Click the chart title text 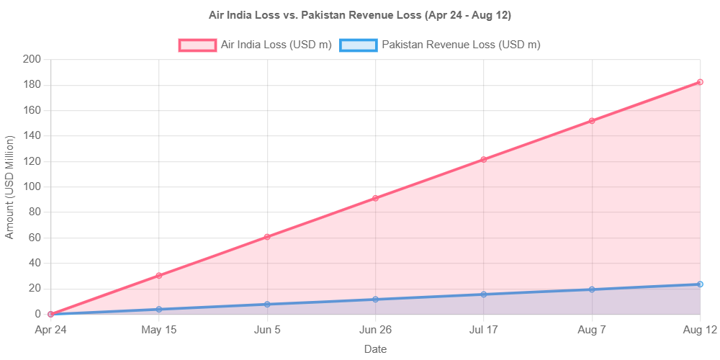tap(360, 14)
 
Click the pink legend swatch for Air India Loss tap(197, 45)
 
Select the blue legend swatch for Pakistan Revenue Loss tap(358, 45)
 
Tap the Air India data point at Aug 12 tap(700, 82)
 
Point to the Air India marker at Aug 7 tap(592, 121)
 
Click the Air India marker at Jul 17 tap(484, 159)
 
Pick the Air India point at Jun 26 tap(375, 197)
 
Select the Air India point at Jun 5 tap(267, 236)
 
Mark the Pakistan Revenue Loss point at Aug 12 tap(700, 284)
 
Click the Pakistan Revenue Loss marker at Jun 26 tap(375, 300)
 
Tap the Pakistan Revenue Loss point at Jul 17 tap(484, 294)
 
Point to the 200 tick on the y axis tap(32, 59)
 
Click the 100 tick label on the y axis tap(32, 186)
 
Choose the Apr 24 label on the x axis tap(50, 330)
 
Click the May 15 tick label tap(159, 330)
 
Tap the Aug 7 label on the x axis tap(592, 330)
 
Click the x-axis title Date tap(375, 349)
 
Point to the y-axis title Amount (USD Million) tap(9, 186)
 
